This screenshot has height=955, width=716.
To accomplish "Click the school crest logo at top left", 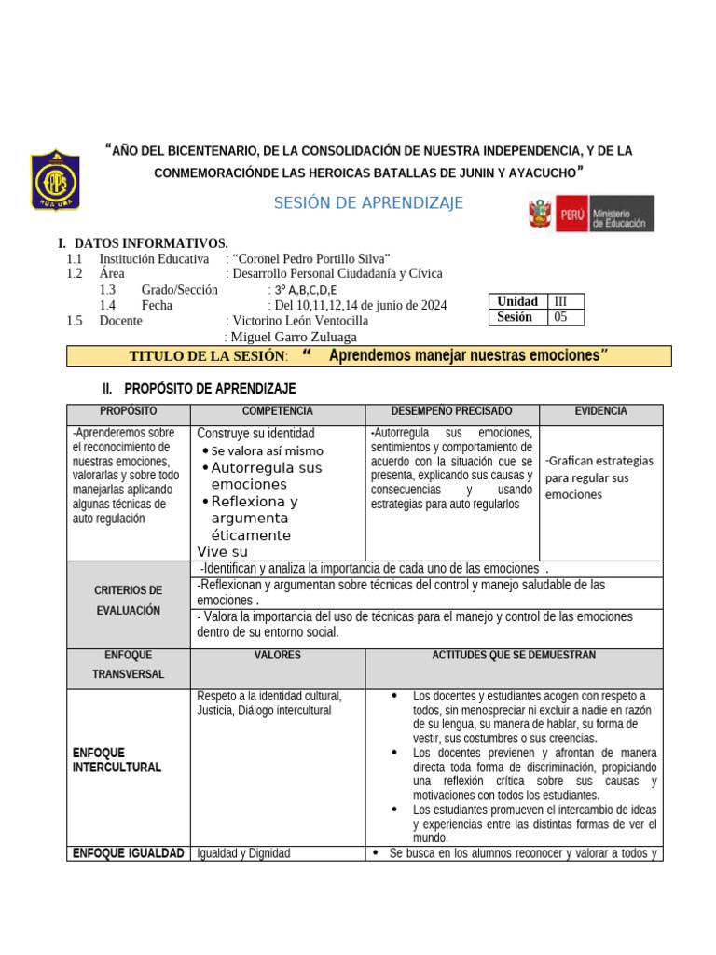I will tap(56, 180).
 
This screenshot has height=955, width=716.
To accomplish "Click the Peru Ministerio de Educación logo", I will tap(591, 214).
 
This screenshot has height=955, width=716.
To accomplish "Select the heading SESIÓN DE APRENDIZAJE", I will tap(368, 203).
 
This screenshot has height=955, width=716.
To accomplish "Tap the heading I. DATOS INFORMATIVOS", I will tap(144, 243).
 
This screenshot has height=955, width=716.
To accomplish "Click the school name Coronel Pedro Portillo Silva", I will tap(311, 258).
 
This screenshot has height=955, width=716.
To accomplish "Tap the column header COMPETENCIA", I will tap(278, 411).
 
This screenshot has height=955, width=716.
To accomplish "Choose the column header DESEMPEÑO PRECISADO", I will tap(451, 411).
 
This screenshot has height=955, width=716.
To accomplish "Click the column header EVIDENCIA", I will tap(600, 411).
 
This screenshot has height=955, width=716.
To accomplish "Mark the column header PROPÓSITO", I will tap(129, 411).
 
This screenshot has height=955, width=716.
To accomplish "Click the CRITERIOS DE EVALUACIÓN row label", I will tap(129, 601).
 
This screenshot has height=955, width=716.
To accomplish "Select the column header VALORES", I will tap(278, 656).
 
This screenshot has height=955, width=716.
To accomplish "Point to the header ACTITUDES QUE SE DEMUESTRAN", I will tap(514, 656).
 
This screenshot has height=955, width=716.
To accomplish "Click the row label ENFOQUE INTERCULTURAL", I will tap(117, 760).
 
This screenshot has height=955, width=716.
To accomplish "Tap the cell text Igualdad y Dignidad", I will tap(244, 853).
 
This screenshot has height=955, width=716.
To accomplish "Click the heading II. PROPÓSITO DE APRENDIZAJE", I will tap(199, 388).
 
